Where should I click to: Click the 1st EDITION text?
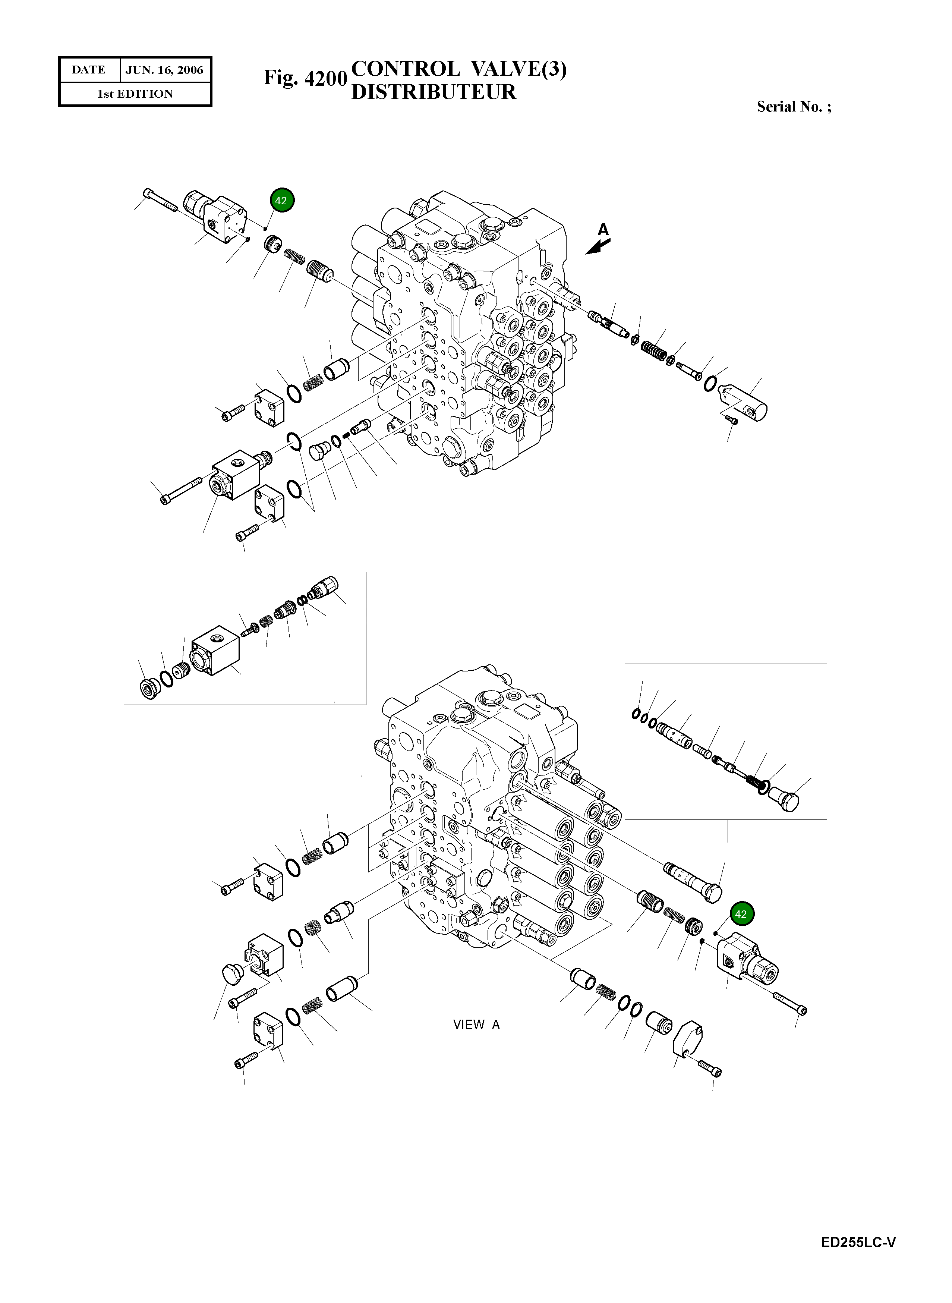pyautogui.click(x=135, y=94)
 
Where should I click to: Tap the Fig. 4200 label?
pyautogui.click(x=305, y=78)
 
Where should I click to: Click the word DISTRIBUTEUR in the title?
pyautogui.click(x=434, y=92)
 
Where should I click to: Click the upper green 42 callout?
pyautogui.click(x=281, y=201)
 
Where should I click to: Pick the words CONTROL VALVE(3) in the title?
pyautogui.click(x=458, y=69)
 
